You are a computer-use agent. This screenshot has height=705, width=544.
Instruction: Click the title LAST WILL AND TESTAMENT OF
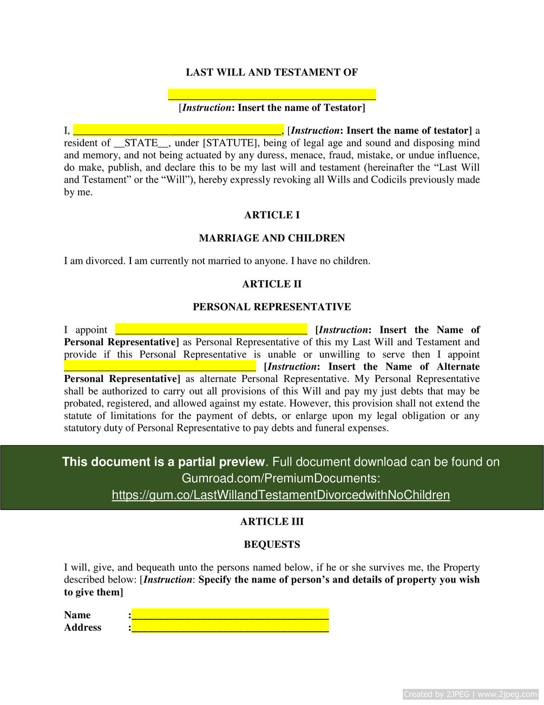click(x=272, y=72)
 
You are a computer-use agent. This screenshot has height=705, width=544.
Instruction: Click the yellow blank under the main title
click(x=272, y=95)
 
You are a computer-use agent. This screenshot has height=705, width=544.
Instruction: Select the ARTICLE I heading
click(x=272, y=215)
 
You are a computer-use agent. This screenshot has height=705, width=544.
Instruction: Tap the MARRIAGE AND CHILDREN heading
click(x=272, y=238)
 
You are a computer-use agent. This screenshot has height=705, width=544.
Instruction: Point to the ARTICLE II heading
click(x=272, y=284)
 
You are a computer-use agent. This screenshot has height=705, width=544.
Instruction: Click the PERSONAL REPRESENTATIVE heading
click(x=272, y=307)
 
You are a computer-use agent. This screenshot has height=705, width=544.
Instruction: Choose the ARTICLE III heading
click(x=272, y=521)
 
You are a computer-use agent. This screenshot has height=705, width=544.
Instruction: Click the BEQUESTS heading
click(x=272, y=544)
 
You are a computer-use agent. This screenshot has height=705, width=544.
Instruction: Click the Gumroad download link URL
click(x=280, y=495)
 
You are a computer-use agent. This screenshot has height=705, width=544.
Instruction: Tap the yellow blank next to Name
click(x=230, y=615)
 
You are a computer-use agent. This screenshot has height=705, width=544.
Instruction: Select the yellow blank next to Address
click(x=230, y=627)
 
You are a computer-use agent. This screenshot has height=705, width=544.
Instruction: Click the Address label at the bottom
click(x=83, y=627)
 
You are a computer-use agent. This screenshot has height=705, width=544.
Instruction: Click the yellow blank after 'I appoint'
click(x=211, y=329)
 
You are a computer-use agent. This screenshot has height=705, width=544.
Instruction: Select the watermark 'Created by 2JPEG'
click(x=437, y=694)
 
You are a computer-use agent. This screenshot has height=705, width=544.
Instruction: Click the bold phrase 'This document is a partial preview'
click(x=163, y=462)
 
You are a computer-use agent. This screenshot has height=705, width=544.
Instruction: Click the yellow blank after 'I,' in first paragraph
click(x=178, y=130)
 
